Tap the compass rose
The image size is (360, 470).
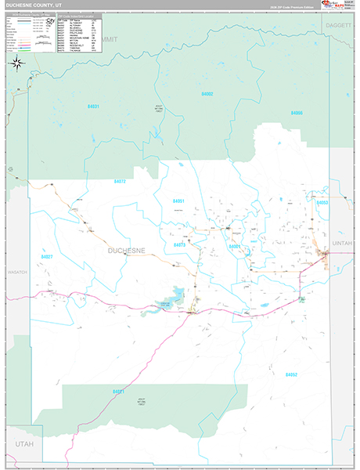tap(15, 63)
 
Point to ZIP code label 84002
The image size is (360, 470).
tap(207, 93)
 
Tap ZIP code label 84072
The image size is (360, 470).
tap(120, 182)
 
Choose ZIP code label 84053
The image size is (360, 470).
tap(322, 202)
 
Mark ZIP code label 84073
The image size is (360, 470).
tap(179, 245)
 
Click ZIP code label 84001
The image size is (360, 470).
tap(233, 246)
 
